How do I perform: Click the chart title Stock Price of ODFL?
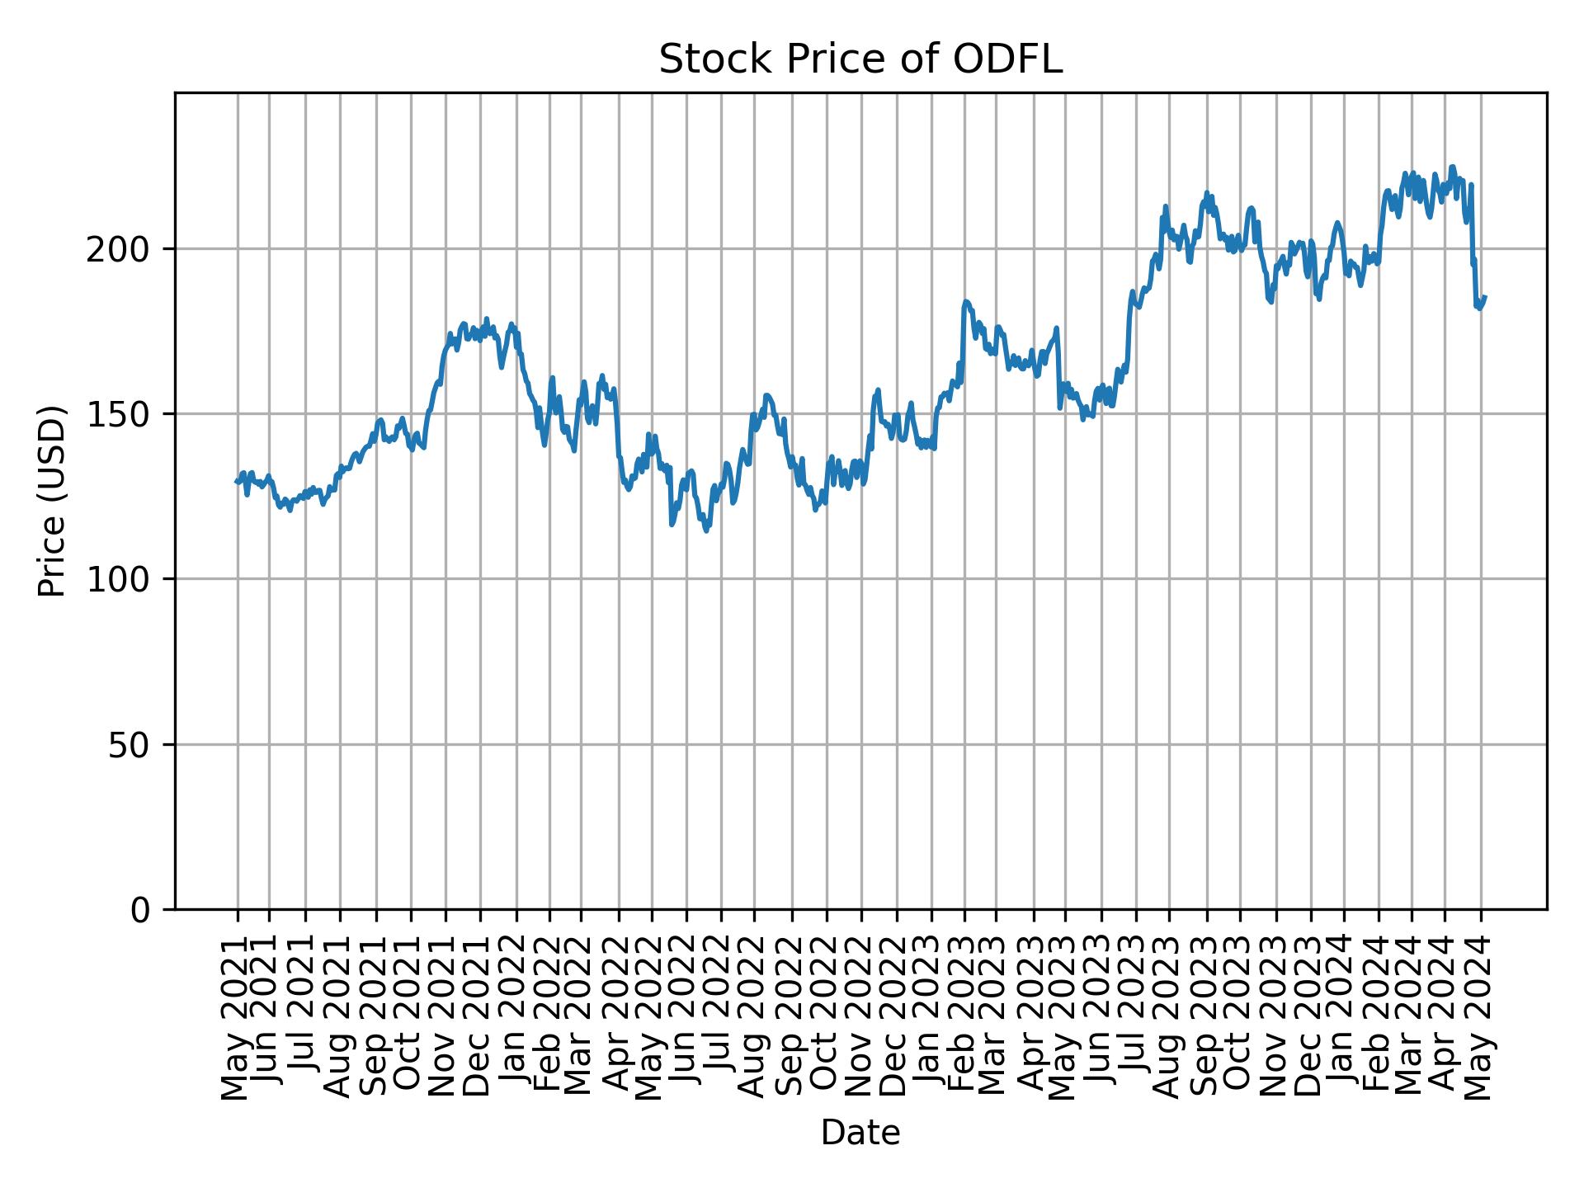[x=860, y=59]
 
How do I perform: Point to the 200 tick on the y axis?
[x=127, y=249]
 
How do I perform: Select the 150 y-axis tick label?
[x=127, y=414]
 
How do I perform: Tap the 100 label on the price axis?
[x=127, y=579]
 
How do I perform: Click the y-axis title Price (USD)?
[x=52, y=501]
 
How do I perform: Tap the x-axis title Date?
[x=860, y=1134]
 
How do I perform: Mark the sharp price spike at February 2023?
[x=965, y=302]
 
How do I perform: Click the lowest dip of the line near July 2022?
[x=706, y=530]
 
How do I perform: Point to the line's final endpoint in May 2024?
[x=1485, y=297]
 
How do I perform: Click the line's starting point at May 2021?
[x=236, y=482]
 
